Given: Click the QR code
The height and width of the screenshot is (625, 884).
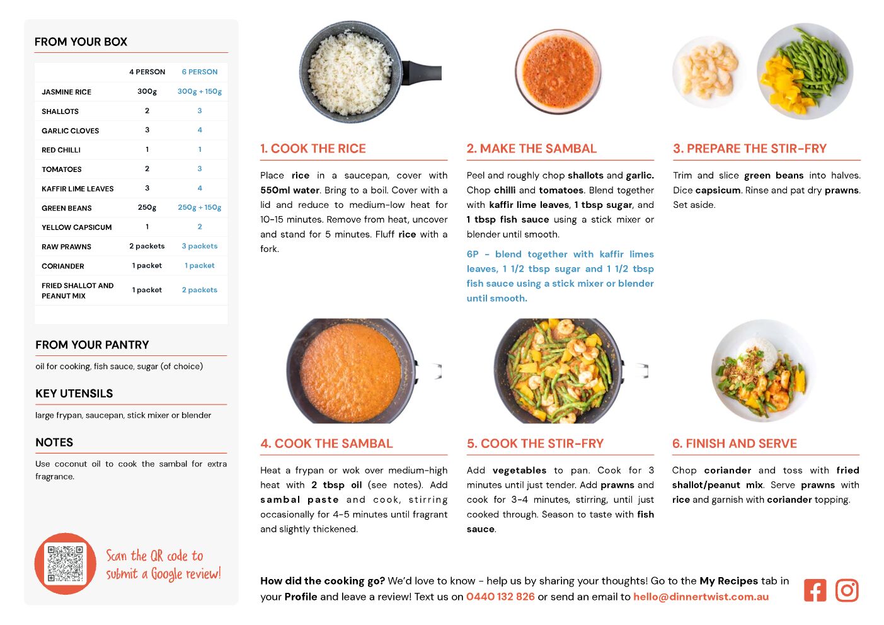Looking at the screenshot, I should coord(66,564).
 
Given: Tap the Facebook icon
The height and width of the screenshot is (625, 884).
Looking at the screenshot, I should coord(815,590).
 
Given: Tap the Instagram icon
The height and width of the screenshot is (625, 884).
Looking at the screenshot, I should coord(847,590).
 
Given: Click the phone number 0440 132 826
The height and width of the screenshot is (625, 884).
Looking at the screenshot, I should coord(500,597).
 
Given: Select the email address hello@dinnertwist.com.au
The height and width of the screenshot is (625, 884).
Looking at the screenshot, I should coord(701,597).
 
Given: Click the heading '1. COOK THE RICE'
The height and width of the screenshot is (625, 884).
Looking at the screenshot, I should coord(313,149).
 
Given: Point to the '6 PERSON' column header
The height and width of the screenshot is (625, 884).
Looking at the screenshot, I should coord(200,72).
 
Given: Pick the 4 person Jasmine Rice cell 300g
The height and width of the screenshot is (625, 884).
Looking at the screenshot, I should coord(147,91).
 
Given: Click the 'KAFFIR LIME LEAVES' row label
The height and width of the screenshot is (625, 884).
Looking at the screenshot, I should coord(77,188).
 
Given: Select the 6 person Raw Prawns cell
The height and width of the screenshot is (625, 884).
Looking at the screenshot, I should coord(200,246).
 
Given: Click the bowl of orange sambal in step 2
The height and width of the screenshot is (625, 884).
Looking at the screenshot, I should coord(558,71).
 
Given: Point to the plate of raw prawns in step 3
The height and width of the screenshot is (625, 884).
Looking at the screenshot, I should coord(706,71).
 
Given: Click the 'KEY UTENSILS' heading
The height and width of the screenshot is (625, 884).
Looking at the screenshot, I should coord(74,394).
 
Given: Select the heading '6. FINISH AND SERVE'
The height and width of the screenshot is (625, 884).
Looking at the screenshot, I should coord(735,444).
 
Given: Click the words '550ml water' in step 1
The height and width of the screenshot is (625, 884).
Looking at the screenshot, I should coord(290,190).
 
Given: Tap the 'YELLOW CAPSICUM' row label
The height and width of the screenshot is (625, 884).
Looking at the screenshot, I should coord(77,227).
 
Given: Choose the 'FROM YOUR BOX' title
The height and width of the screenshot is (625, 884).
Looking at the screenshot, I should coord(81,42).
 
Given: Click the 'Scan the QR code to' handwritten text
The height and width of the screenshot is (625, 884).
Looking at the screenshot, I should coord(154,556).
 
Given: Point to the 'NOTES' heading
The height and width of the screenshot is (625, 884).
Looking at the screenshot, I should coord(54,442).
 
